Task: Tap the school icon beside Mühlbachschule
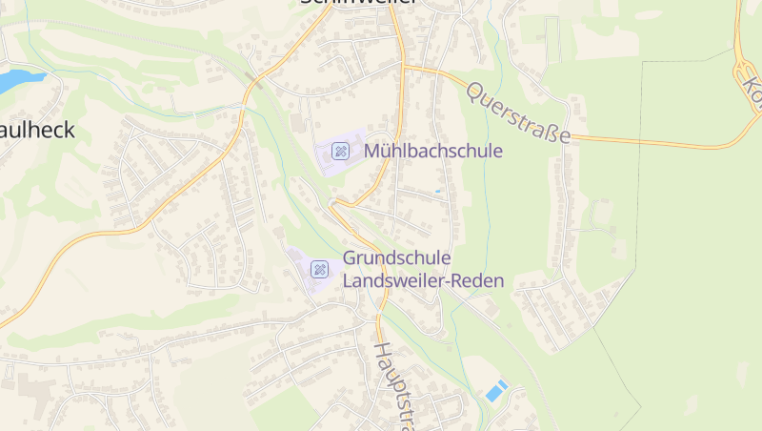[x=340, y=151]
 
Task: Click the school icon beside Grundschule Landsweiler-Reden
[x=320, y=270]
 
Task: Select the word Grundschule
[x=396, y=258]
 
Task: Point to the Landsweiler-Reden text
[x=422, y=281]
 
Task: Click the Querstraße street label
[x=519, y=112]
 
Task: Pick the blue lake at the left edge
[x=17, y=80]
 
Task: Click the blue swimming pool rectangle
[x=496, y=391]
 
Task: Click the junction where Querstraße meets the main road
[x=404, y=68]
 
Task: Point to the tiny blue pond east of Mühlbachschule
[x=438, y=191]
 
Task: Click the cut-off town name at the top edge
[x=358, y=3]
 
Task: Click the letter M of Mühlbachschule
[x=373, y=151]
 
